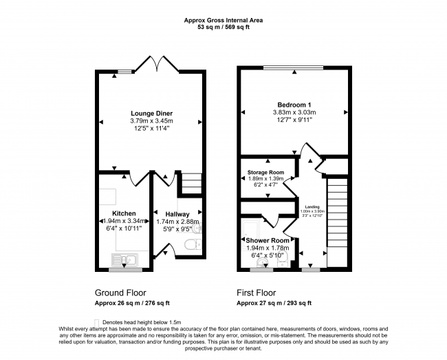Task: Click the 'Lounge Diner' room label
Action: coord(151,113)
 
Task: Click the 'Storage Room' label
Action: coord(266,171)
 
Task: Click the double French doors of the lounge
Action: coord(158,64)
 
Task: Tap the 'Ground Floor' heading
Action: coord(120,292)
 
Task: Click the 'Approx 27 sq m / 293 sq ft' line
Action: coord(274,303)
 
